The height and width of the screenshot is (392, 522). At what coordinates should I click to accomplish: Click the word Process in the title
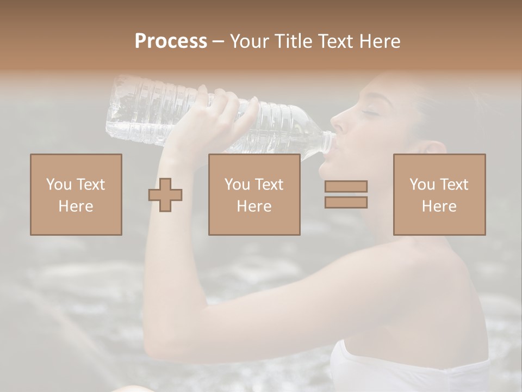point(171,41)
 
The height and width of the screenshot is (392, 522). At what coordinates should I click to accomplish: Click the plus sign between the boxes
point(165,195)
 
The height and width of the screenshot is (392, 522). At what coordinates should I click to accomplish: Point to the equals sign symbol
point(346,194)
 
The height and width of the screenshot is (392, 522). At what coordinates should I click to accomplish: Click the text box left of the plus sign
point(76,195)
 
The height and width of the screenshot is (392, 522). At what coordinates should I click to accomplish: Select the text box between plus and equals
point(254,195)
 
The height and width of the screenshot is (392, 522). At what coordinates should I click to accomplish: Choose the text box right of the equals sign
point(439,195)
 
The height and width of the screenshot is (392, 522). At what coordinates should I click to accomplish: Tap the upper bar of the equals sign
point(346,187)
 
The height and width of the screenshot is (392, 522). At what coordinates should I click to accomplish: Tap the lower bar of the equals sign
point(346,202)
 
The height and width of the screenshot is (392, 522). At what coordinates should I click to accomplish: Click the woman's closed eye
point(371,112)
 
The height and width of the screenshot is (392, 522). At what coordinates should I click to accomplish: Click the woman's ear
point(432,150)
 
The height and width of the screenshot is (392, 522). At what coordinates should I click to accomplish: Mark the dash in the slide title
point(219,42)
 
